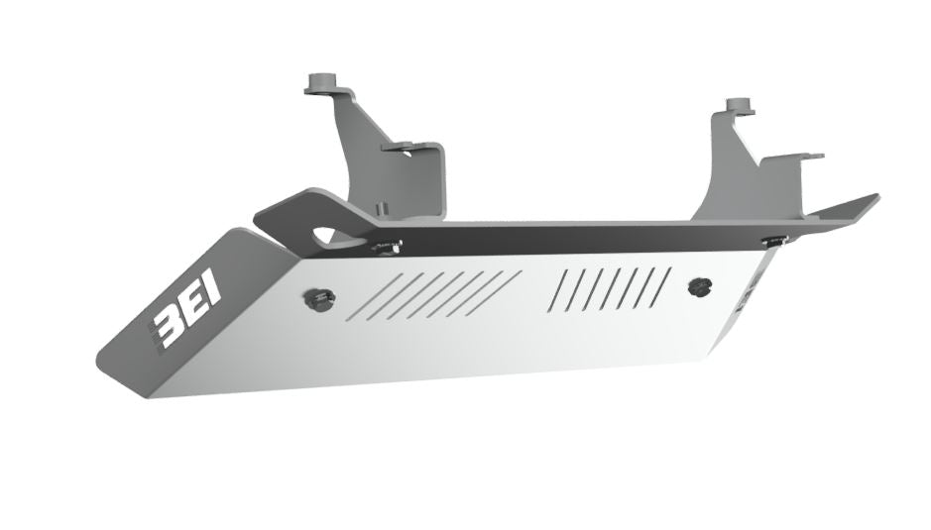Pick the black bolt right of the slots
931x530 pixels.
(x=701, y=286)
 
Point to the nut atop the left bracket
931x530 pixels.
(x=322, y=80)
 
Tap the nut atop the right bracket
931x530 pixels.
(x=735, y=104)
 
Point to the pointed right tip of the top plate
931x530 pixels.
(x=874, y=196)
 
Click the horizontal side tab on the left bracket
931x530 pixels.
(x=408, y=148)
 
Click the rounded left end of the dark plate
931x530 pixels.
(x=260, y=214)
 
